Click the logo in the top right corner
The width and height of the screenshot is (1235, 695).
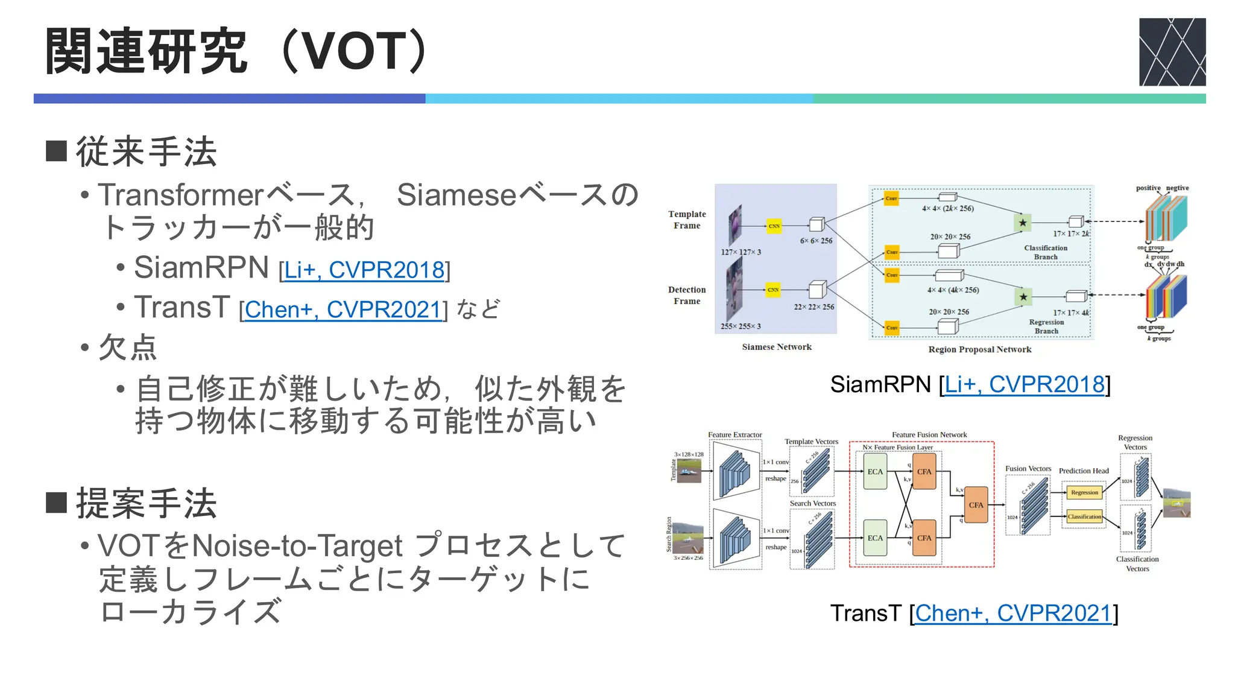(x=1172, y=52)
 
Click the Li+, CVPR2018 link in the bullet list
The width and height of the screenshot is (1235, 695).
(x=364, y=270)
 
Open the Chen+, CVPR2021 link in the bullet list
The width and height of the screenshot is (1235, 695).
(x=343, y=309)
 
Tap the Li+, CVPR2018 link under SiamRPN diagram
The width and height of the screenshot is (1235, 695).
(x=1024, y=384)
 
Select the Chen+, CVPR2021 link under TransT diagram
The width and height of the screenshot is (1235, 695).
(x=1013, y=613)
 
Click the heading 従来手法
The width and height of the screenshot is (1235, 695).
(x=146, y=151)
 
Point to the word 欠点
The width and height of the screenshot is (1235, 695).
(x=128, y=348)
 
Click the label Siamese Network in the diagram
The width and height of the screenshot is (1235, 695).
(x=777, y=347)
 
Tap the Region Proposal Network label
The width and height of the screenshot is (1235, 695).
(x=979, y=349)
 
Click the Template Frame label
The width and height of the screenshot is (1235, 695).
(x=687, y=220)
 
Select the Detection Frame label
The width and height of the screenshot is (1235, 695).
(x=687, y=295)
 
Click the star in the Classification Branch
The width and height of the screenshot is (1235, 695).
(x=1023, y=223)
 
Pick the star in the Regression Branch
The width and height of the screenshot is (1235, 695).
(x=1023, y=297)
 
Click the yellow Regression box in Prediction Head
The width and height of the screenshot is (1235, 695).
(x=1084, y=492)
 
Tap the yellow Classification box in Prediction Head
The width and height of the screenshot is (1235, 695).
(x=1084, y=516)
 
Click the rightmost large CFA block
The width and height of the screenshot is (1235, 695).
(x=976, y=505)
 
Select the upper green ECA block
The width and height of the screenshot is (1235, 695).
(x=875, y=472)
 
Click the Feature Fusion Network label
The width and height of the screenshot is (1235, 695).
(x=929, y=434)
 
